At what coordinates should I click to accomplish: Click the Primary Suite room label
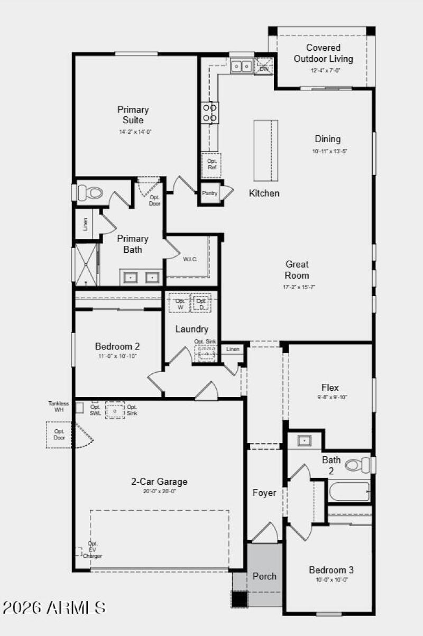pos(133,115)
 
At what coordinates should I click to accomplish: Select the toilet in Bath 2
pos(358,465)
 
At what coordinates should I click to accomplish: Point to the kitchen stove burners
pos(210,113)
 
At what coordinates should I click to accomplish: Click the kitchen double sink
pos(242,67)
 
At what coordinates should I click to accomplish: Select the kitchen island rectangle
pos(265,151)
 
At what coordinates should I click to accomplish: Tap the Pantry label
pos(209,193)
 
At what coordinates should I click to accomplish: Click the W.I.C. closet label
pos(190,259)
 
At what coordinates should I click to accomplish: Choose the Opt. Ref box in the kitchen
pos(212,164)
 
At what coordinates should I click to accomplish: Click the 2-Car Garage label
pos(159,482)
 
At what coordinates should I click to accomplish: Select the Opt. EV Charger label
pos(93,550)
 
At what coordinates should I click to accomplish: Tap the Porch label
pos(264,576)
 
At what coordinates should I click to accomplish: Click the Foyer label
pos(264,493)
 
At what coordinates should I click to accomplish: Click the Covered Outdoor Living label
pos(323,53)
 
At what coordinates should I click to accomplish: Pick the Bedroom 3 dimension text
pos(331,579)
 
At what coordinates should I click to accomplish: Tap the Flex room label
pos(330,388)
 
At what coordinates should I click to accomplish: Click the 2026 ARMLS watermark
pos(54,607)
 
